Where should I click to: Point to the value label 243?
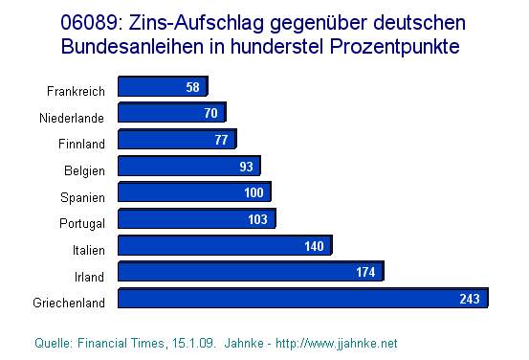coord(469,299)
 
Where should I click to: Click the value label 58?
coord(193,88)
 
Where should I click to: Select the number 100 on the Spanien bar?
coord(253,193)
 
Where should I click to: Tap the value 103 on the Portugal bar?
coord(258,219)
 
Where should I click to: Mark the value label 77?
coord(220,141)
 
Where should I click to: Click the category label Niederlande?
coord(72,118)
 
